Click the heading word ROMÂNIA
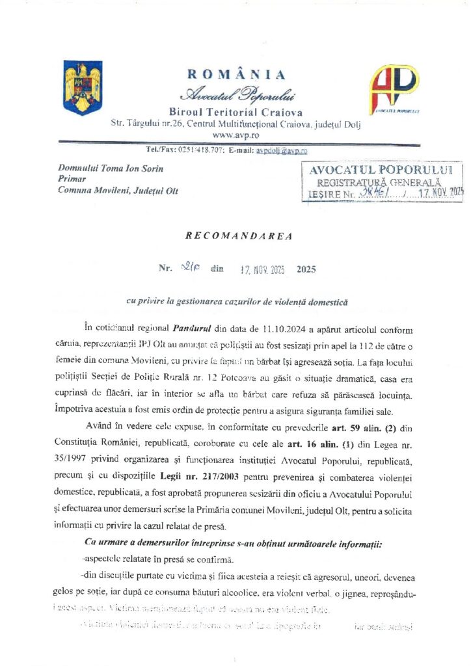tap(235, 74)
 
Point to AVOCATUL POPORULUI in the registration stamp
tap(385, 170)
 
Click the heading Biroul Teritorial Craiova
tap(235, 112)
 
